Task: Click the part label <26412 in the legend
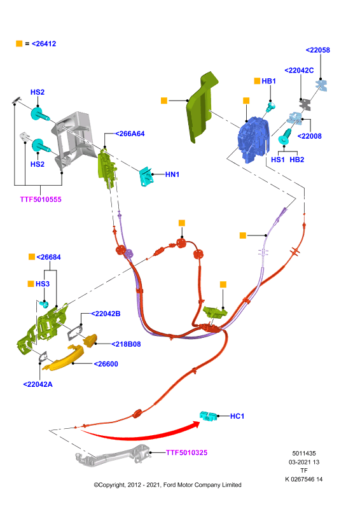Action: click(x=44, y=44)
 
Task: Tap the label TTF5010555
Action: click(x=41, y=199)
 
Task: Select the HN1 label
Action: click(x=172, y=174)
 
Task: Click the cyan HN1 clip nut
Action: click(x=146, y=177)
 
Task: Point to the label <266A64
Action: click(x=130, y=134)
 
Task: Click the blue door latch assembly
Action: click(x=254, y=139)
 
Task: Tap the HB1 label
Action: click(x=269, y=81)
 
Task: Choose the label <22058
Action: click(x=318, y=50)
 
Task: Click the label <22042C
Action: click(x=299, y=71)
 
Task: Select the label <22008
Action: click(x=309, y=136)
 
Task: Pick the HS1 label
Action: click(x=278, y=160)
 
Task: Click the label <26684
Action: click(x=49, y=257)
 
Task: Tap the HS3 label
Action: click(x=43, y=284)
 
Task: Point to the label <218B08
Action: click(x=126, y=344)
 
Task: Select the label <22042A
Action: click(x=38, y=384)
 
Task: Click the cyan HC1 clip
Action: click(x=209, y=416)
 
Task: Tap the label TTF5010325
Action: click(x=186, y=452)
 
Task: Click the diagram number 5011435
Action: click(x=304, y=454)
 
